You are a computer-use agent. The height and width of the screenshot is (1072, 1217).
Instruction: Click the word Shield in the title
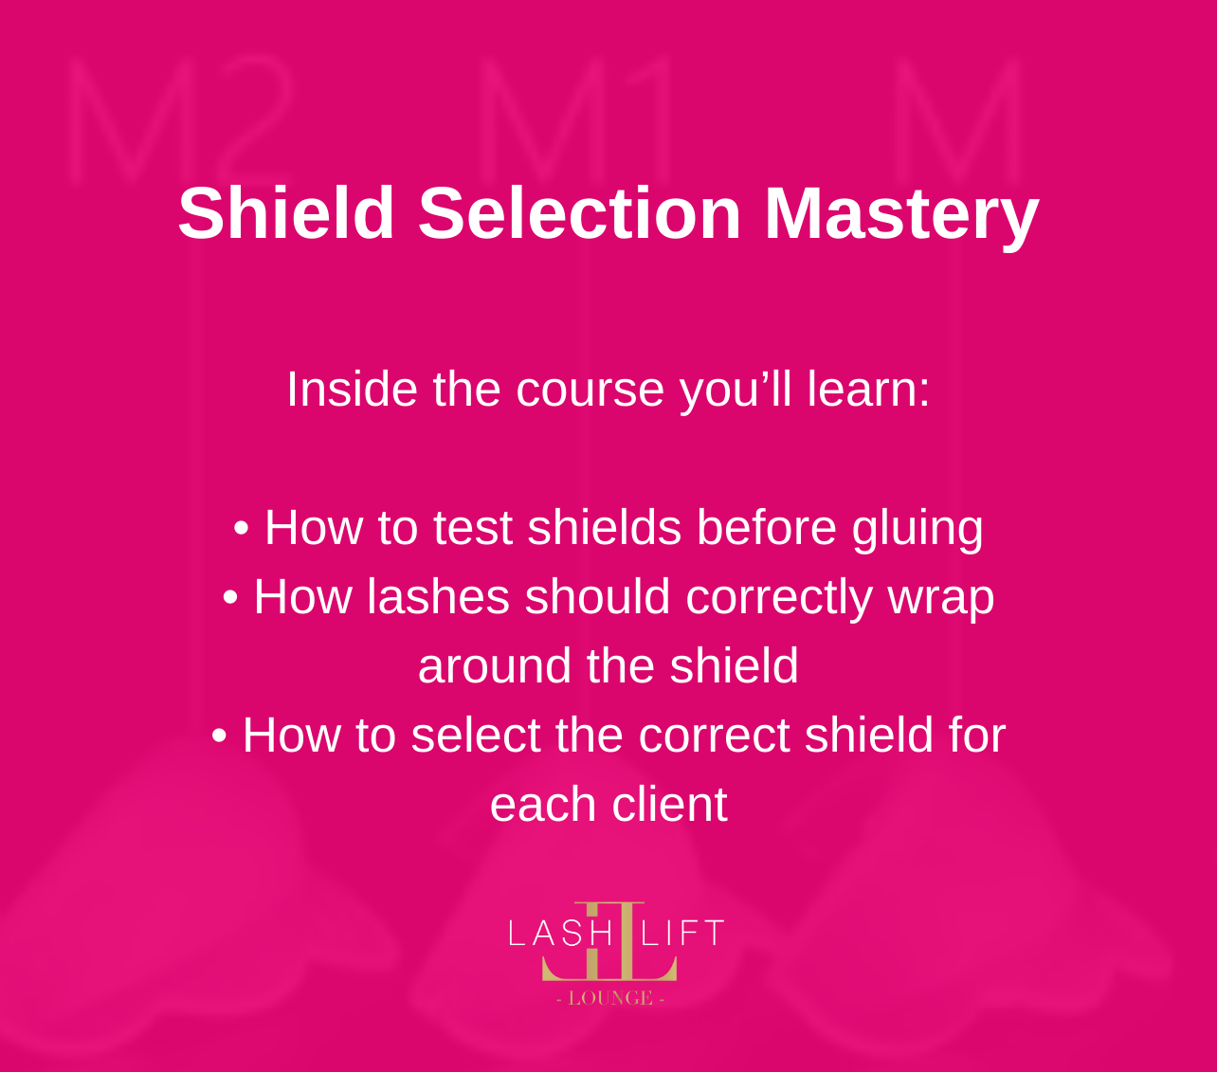pos(286,213)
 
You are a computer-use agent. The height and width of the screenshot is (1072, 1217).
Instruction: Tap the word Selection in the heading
pos(580,213)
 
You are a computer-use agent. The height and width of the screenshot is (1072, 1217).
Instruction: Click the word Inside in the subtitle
pos(352,389)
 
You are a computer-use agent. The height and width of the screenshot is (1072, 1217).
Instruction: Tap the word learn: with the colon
pos(868,389)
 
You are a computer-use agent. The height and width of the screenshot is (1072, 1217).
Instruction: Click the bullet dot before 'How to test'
pos(241,528)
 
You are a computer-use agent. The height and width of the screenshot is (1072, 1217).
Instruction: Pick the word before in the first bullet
pos(767,527)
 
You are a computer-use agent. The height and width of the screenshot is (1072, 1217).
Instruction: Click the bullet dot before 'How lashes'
pos(230,597)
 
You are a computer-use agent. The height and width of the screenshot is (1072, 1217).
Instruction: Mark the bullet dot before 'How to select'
pos(219,735)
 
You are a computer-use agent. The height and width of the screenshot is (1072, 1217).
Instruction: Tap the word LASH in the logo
pos(560,934)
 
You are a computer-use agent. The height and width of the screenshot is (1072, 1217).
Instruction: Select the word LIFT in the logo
pos(683,934)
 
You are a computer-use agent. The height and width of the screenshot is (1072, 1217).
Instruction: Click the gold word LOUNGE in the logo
pos(610,998)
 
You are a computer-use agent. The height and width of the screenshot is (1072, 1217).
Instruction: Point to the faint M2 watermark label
pos(180,119)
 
